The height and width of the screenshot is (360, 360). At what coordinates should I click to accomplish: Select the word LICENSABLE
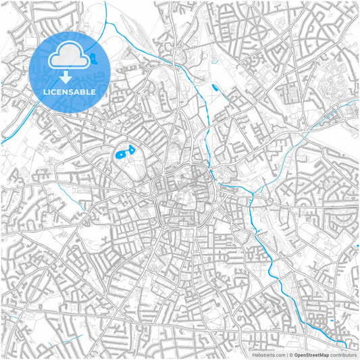pos(70,91)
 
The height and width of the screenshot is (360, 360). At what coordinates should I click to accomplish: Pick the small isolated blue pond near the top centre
pos(215,88)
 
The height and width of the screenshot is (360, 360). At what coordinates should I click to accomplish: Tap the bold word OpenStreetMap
pos(311,354)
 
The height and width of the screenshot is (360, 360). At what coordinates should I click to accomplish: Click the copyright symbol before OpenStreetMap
pos(290,354)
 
